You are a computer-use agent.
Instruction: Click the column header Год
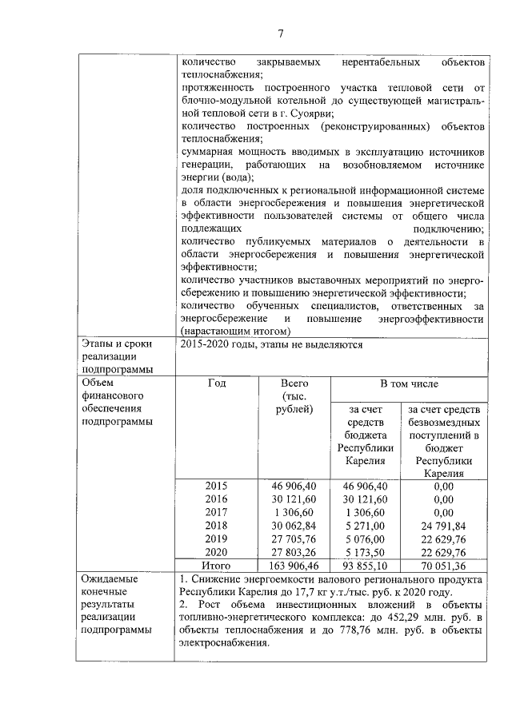click(216, 383)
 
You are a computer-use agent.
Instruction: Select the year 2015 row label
click(216, 486)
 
